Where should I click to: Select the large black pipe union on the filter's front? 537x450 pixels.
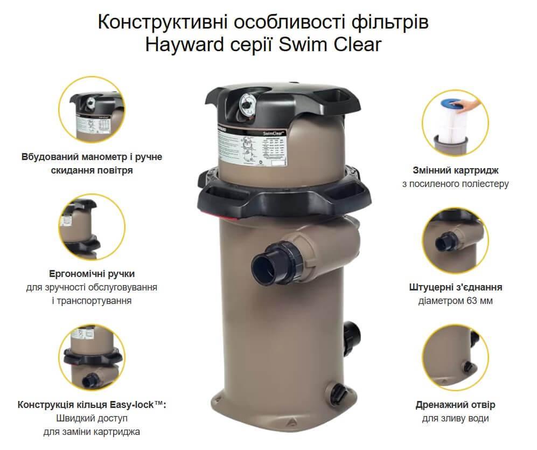tap(268, 264)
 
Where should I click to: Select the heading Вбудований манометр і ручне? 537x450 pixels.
tap(92, 157)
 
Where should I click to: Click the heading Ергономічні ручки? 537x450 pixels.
tap(92, 273)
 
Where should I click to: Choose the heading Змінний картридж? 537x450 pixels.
tap(455, 170)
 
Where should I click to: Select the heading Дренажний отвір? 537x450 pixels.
tap(455, 404)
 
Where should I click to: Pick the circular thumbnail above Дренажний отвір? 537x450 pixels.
tap(455, 352)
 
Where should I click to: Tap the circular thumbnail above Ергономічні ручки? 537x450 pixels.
tap(92, 227)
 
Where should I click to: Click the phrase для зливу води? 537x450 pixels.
tap(455, 418)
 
